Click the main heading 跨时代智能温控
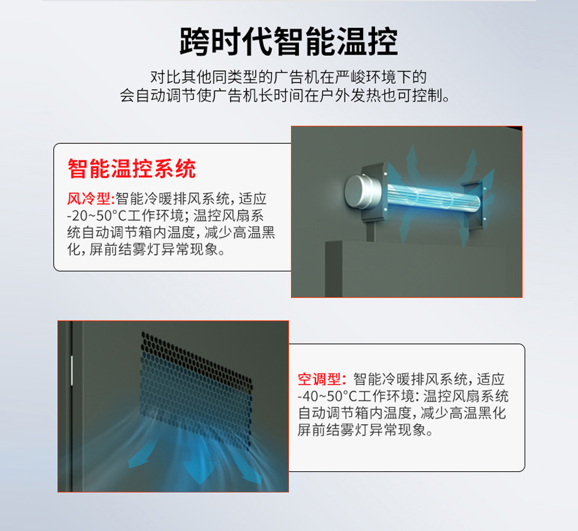(288, 41)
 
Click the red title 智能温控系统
(131, 169)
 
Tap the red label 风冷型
(89, 199)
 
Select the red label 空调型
(319, 379)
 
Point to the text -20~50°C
(94, 216)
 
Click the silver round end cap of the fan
(359, 192)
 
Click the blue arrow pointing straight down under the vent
(199, 469)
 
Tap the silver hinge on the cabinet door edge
(72, 371)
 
